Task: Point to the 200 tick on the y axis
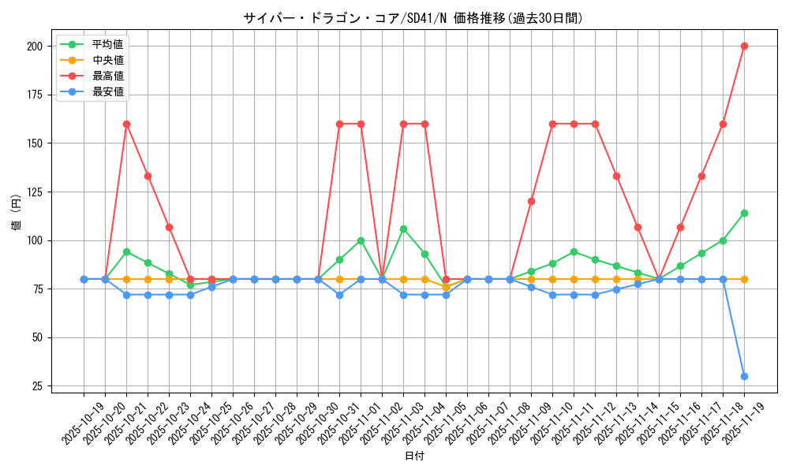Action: (x=34, y=46)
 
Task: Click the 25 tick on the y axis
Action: (x=36, y=386)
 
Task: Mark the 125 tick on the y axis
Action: (x=34, y=192)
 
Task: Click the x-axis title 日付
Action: (x=414, y=456)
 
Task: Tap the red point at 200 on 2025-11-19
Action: (x=744, y=46)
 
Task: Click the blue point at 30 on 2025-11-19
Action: (x=744, y=376)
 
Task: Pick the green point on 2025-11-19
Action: (x=744, y=213)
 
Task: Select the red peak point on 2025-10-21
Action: (x=126, y=124)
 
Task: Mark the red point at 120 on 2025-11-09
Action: (x=531, y=201)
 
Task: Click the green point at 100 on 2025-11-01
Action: (x=361, y=240)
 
